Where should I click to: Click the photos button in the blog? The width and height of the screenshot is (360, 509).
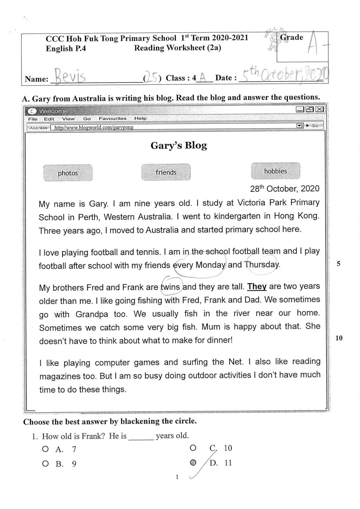tap(68, 173)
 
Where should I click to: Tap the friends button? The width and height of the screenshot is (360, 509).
tap(166, 172)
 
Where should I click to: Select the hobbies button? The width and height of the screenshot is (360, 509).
tap(275, 171)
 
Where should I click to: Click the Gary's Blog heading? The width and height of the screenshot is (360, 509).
tap(179, 146)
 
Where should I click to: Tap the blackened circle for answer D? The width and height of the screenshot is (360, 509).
tap(193, 463)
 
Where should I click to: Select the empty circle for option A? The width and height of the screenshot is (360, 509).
tap(45, 449)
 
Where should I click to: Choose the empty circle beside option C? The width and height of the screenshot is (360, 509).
tap(193, 448)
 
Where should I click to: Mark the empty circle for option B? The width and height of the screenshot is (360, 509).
tap(45, 464)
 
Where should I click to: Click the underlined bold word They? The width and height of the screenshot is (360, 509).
tap(257, 286)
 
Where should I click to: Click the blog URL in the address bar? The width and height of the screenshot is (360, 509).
tap(94, 127)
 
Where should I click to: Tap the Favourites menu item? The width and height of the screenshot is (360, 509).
tap(112, 118)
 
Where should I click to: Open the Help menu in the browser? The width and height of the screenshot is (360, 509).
tap(140, 118)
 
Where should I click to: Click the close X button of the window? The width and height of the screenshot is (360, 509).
tap(319, 109)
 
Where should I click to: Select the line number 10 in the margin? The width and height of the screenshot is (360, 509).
tap(339, 338)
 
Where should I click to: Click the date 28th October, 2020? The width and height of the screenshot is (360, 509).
tap(285, 189)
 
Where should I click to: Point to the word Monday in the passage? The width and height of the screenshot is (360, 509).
tap(210, 265)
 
